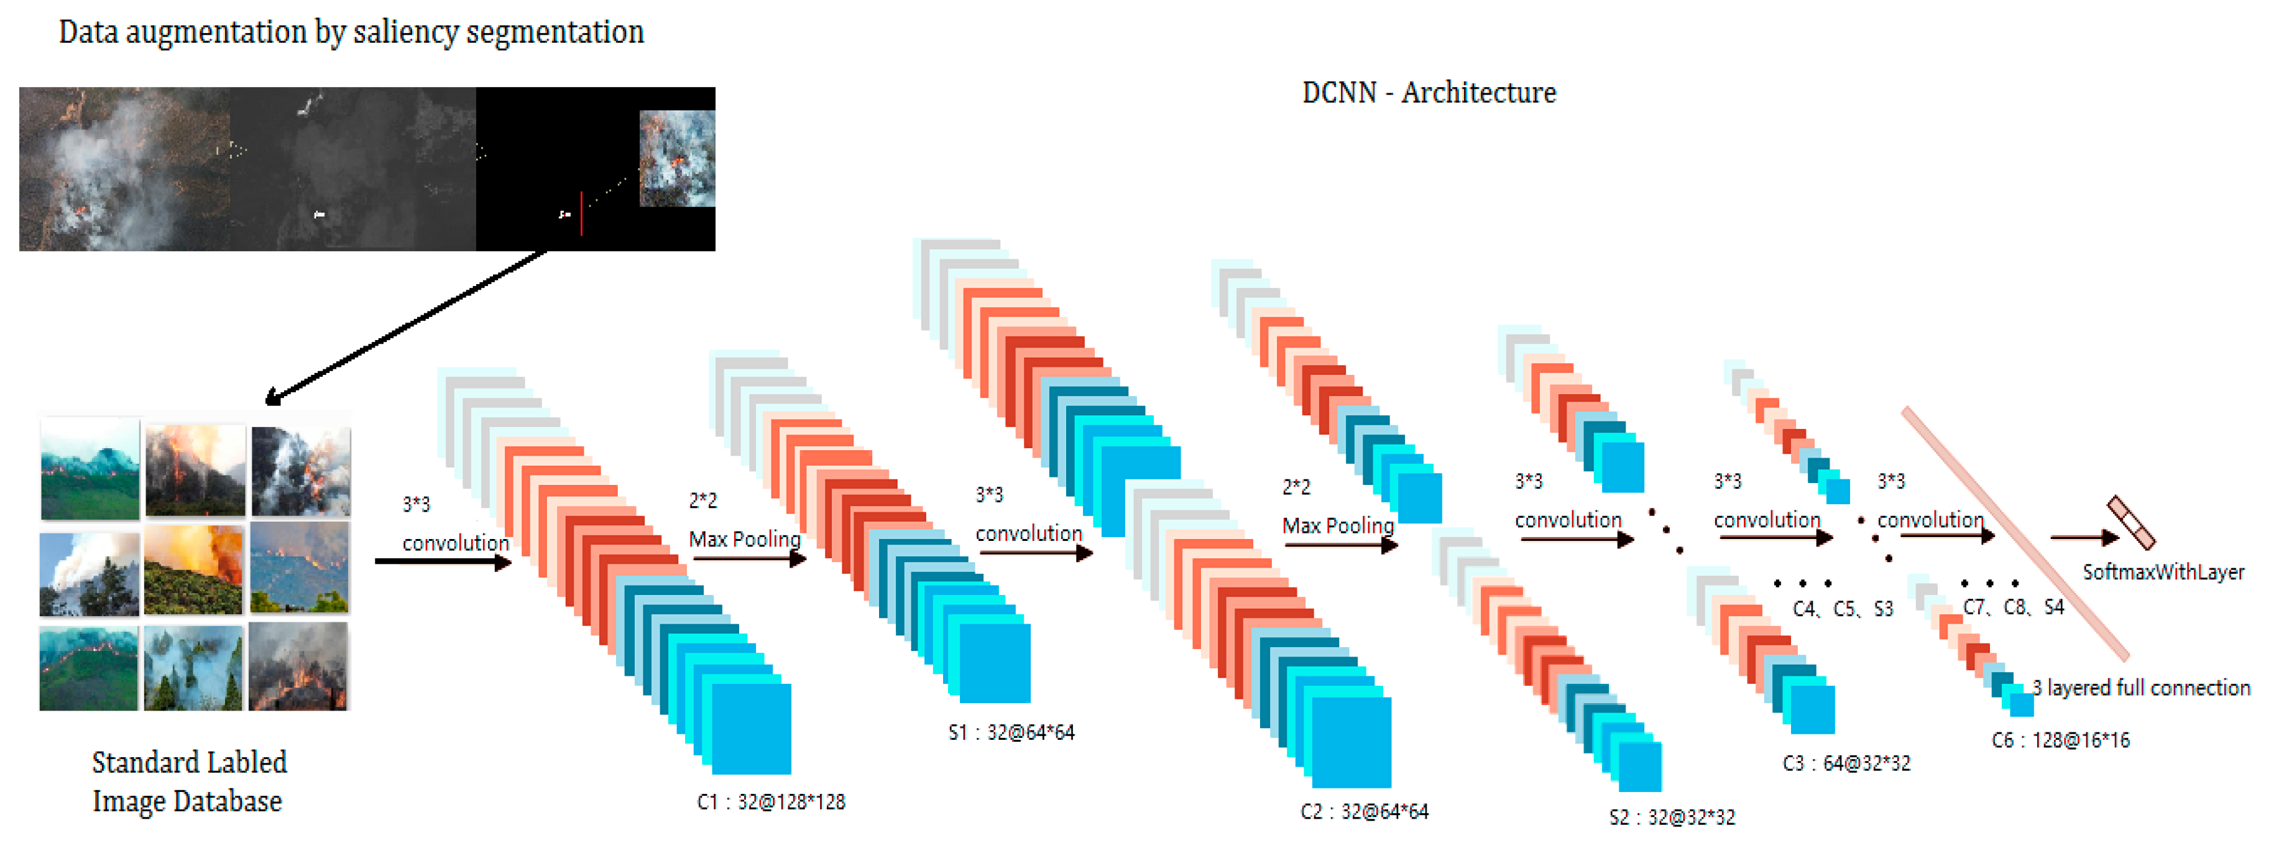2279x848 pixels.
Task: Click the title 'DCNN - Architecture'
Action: [x=1428, y=93]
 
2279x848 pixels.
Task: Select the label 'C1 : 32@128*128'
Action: [x=771, y=802]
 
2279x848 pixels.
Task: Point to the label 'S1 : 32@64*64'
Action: [x=1011, y=733]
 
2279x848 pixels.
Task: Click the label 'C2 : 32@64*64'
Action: [x=1364, y=812]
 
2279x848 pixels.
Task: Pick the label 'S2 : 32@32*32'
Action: [x=1672, y=817]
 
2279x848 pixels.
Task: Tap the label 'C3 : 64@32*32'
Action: [x=1846, y=763]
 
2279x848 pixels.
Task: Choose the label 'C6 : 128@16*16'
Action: [x=2060, y=740]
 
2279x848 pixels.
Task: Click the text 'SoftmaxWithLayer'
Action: [x=2163, y=573]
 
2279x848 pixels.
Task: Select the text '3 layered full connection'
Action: [x=2141, y=688]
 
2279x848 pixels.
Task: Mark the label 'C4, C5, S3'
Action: [x=1843, y=609]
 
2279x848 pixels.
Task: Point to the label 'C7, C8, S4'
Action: [x=2014, y=607]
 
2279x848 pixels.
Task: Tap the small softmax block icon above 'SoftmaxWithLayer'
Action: [x=2131, y=522]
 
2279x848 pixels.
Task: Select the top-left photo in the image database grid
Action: [x=90, y=469]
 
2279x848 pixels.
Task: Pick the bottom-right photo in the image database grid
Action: [x=298, y=666]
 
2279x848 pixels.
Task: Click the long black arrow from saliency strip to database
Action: [x=407, y=326]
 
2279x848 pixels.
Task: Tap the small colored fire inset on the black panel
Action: [x=677, y=159]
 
